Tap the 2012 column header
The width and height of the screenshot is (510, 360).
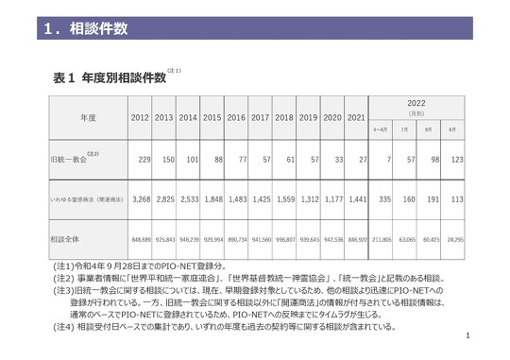(x=141, y=118)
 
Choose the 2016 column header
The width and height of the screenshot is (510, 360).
(x=237, y=118)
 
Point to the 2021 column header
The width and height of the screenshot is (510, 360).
(x=356, y=118)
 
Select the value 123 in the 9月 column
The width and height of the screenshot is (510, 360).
(x=454, y=161)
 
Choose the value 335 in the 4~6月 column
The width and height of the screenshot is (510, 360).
(x=382, y=200)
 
